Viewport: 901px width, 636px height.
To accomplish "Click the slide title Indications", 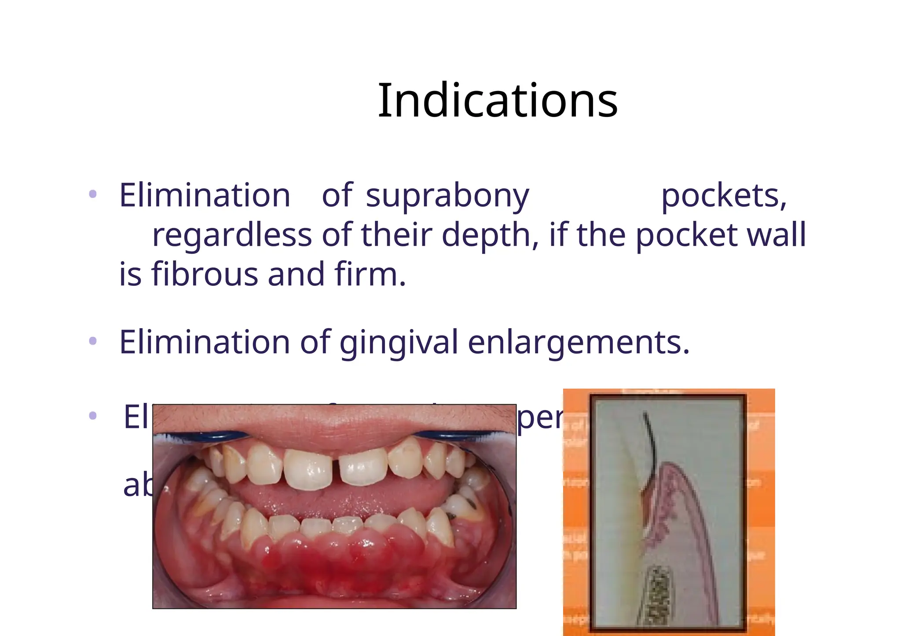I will (498, 101).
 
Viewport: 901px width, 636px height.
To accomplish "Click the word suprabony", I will (447, 196).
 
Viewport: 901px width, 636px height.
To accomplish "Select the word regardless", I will (232, 235).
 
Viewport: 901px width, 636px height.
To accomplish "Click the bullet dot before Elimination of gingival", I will (92, 340).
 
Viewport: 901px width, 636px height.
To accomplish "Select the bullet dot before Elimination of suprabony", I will (92, 194).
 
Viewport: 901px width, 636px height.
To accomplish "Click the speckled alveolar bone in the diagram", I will (660, 594).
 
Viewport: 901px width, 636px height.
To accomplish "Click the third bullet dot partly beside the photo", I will (92, 415).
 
